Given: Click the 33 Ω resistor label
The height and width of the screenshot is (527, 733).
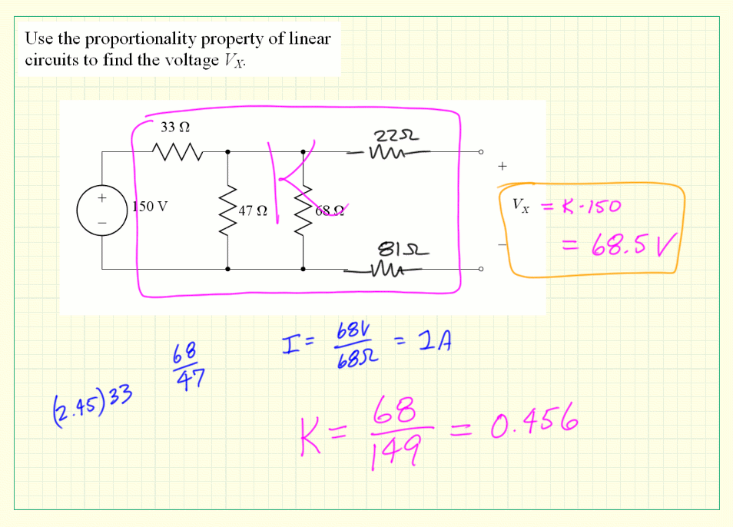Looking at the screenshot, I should click(x=174, y=127).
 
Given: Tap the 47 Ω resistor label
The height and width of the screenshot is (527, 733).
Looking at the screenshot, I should click(x=253, y=210).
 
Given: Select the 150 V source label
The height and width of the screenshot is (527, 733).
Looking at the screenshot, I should click(x=150, y=206).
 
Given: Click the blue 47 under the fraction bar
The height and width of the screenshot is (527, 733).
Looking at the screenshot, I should click(x=187, y=380).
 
